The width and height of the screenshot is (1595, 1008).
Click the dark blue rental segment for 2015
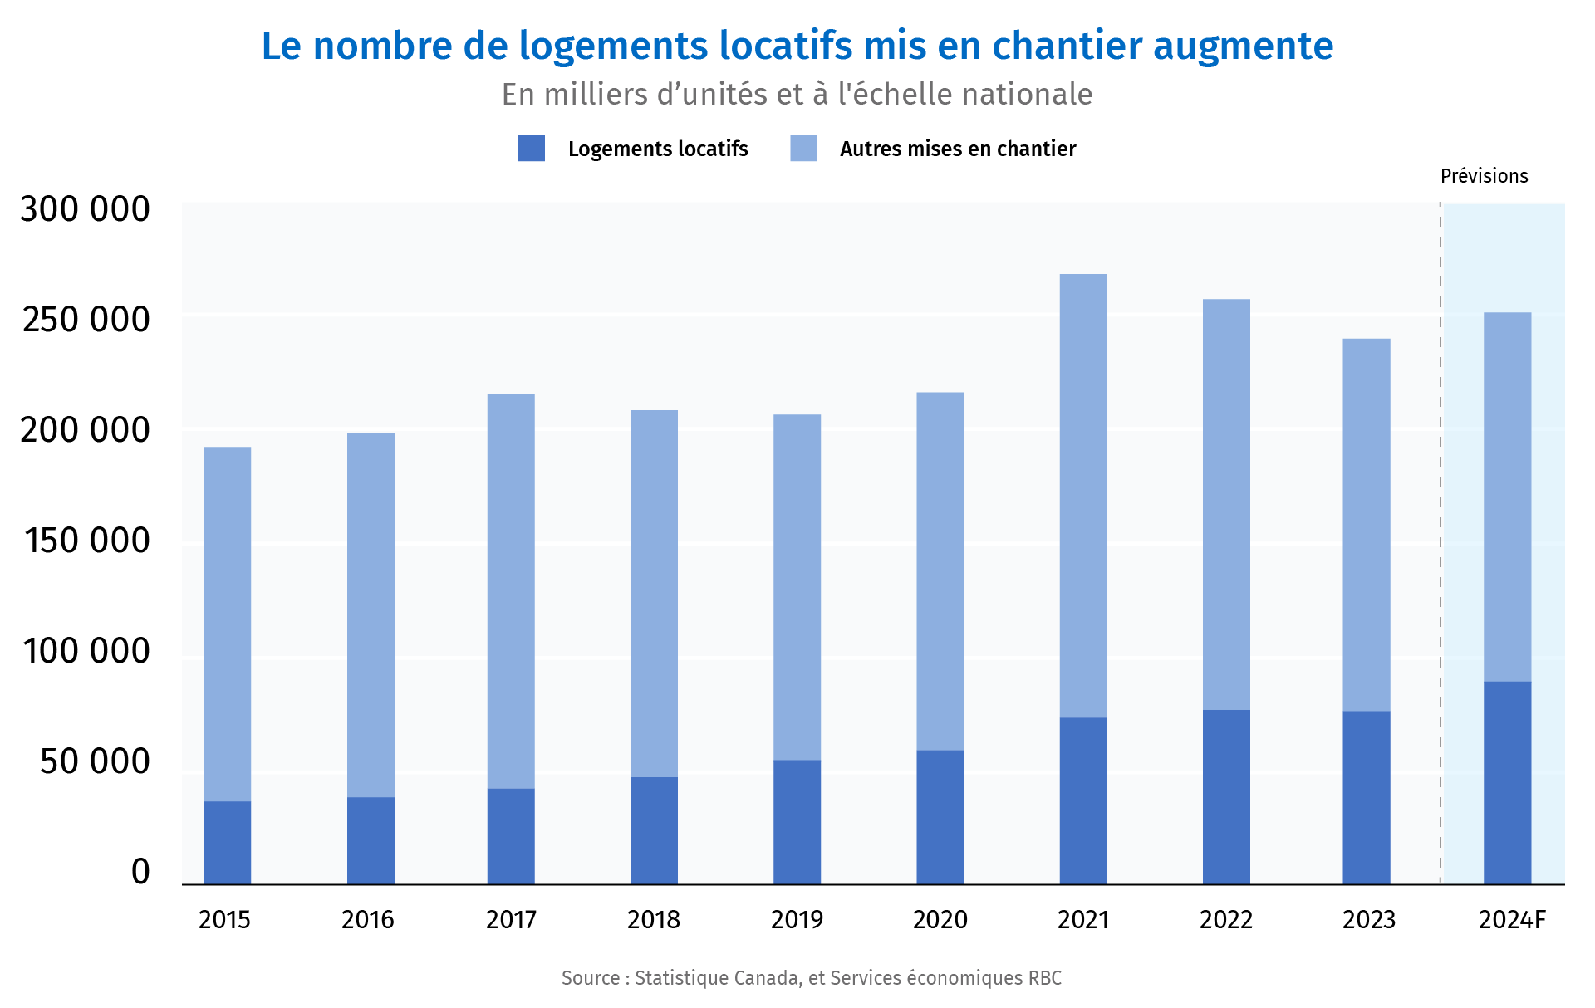[227, 842]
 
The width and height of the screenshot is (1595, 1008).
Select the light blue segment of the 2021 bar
[1083, 495]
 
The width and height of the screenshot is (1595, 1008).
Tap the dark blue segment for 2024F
[1507, 782]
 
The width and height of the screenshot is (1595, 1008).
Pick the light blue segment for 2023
[1366, 524]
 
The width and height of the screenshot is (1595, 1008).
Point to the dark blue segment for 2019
[797, 821]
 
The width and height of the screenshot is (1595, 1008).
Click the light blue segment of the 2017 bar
[511, 590]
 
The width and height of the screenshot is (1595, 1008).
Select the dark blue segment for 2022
[1226, 796]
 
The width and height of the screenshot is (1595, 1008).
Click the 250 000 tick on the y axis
[86, 320]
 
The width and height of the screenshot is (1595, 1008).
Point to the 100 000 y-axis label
[86, 651]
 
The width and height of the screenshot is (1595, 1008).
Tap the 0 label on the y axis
[140, 872]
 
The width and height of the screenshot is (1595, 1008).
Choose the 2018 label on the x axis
[653, 920]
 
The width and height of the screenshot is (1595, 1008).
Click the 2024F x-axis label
[1512, 920]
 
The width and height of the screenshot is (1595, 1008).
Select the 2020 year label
[940, 920]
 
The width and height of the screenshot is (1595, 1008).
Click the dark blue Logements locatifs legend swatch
[532, 149]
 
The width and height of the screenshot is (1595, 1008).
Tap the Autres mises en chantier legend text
[957, 149]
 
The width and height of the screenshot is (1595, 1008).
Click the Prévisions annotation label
[1484, 176]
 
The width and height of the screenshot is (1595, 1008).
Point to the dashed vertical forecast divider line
[1440, 540]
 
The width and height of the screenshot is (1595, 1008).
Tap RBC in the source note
[1044, 978]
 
